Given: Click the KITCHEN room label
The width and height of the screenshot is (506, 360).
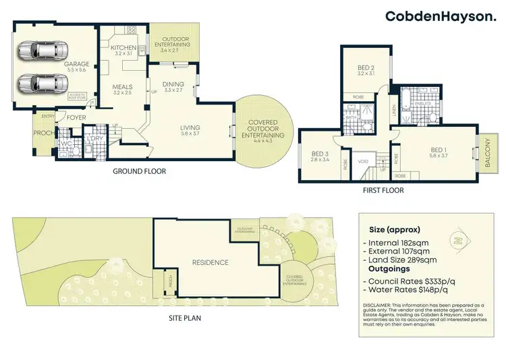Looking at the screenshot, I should (123, 48).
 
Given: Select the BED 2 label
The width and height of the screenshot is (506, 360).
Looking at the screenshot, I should (366, 67).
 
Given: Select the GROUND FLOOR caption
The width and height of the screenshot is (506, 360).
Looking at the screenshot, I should (140, 171).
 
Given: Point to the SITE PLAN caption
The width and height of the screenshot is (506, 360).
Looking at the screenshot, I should (184, 318).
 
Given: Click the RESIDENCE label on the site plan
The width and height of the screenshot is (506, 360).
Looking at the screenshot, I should (210, 262).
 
